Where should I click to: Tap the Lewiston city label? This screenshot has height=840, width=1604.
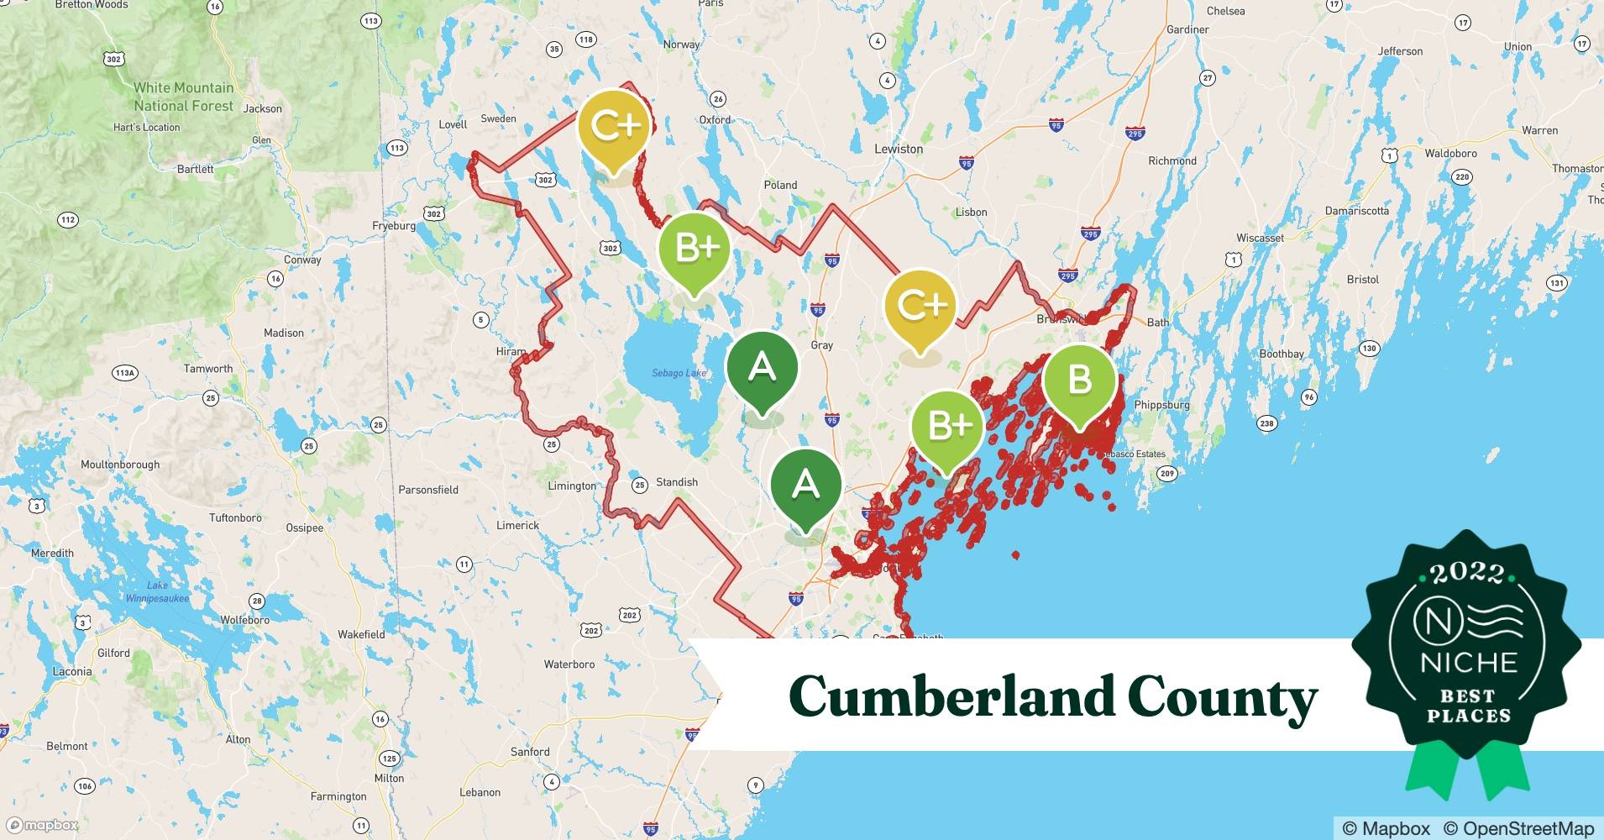point(899,149)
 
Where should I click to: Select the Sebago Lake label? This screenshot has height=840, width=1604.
point(679,373)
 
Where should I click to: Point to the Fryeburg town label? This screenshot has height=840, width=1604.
point(394,226)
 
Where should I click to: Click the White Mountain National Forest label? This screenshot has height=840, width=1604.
point(183,97)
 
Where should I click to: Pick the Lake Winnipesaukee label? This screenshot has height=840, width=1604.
point(157,592)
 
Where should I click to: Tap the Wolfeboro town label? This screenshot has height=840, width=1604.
point(244,620)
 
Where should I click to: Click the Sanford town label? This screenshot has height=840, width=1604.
point(530,752)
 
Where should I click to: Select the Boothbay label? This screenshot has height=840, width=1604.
point(1281,354)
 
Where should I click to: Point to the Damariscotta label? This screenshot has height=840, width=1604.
point(1356,211)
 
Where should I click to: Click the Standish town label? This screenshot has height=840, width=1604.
point(677,482)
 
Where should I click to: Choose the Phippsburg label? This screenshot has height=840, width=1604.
point(1161,405)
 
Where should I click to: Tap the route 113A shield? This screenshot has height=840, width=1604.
point(124,372)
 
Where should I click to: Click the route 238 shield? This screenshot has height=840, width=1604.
point(1266,423)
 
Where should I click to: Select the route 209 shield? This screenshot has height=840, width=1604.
point(1166,474)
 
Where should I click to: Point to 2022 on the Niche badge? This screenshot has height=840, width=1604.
point(1466,573)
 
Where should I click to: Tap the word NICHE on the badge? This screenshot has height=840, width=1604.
point(1469,663)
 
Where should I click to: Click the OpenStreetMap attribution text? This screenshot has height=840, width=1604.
point(1518,828)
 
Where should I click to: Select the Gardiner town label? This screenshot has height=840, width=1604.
point(1187,29)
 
